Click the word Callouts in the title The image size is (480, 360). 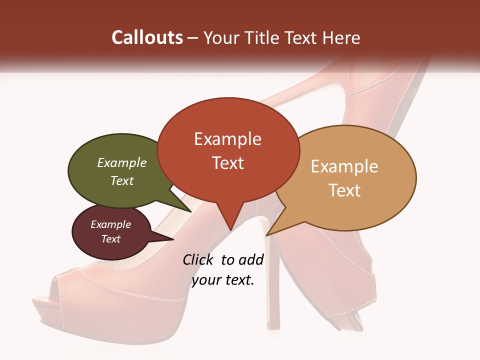pos(147,37)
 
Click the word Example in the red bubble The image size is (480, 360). pos(227,139)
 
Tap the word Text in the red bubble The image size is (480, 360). pos(227,163)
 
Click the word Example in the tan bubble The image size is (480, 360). pos(344,166)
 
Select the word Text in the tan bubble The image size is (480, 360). pos(344,190)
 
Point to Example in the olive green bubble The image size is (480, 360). pos(122,163)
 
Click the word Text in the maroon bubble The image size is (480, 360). pos(111,239)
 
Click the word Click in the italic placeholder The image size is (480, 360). pos(198,260)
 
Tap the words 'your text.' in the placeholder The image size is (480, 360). pos(223,280)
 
